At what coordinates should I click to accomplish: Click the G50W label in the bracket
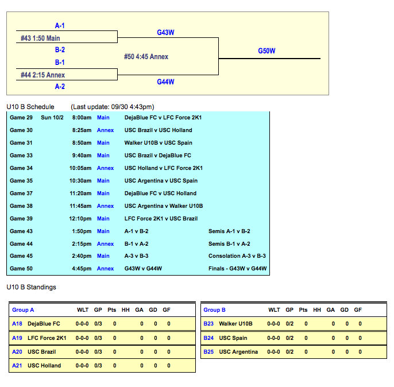[x=266, y=51]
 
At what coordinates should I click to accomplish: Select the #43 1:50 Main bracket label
[x=41, y=38]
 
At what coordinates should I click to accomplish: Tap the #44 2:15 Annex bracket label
[x=43, y=75]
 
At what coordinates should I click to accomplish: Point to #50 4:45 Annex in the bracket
[x=146, y=57]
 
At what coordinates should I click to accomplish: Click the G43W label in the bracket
[x=165, y=33]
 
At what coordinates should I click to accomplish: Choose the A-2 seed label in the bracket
[x=60, y=87]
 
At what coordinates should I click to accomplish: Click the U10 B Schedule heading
[x=30, y=107]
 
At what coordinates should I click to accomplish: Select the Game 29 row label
[x=21, y=118]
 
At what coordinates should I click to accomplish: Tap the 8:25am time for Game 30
[x=82, y=130]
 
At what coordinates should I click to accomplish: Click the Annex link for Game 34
[x=105, y=168]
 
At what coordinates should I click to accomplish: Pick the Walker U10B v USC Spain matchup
[x=159, y=143]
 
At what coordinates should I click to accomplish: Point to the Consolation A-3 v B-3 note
[x=237, y=256]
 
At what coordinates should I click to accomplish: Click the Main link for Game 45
[x=103, y=256]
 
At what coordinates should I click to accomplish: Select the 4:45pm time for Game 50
[x=82, y=269]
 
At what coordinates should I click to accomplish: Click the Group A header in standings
[x=23, y=310]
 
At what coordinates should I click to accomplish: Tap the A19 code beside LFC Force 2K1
[x=17, y=338]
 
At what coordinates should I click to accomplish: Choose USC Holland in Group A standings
[x=44, y=366]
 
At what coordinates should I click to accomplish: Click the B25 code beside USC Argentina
[x=208, y=352]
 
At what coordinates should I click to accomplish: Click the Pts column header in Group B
[x=303, y=310]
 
